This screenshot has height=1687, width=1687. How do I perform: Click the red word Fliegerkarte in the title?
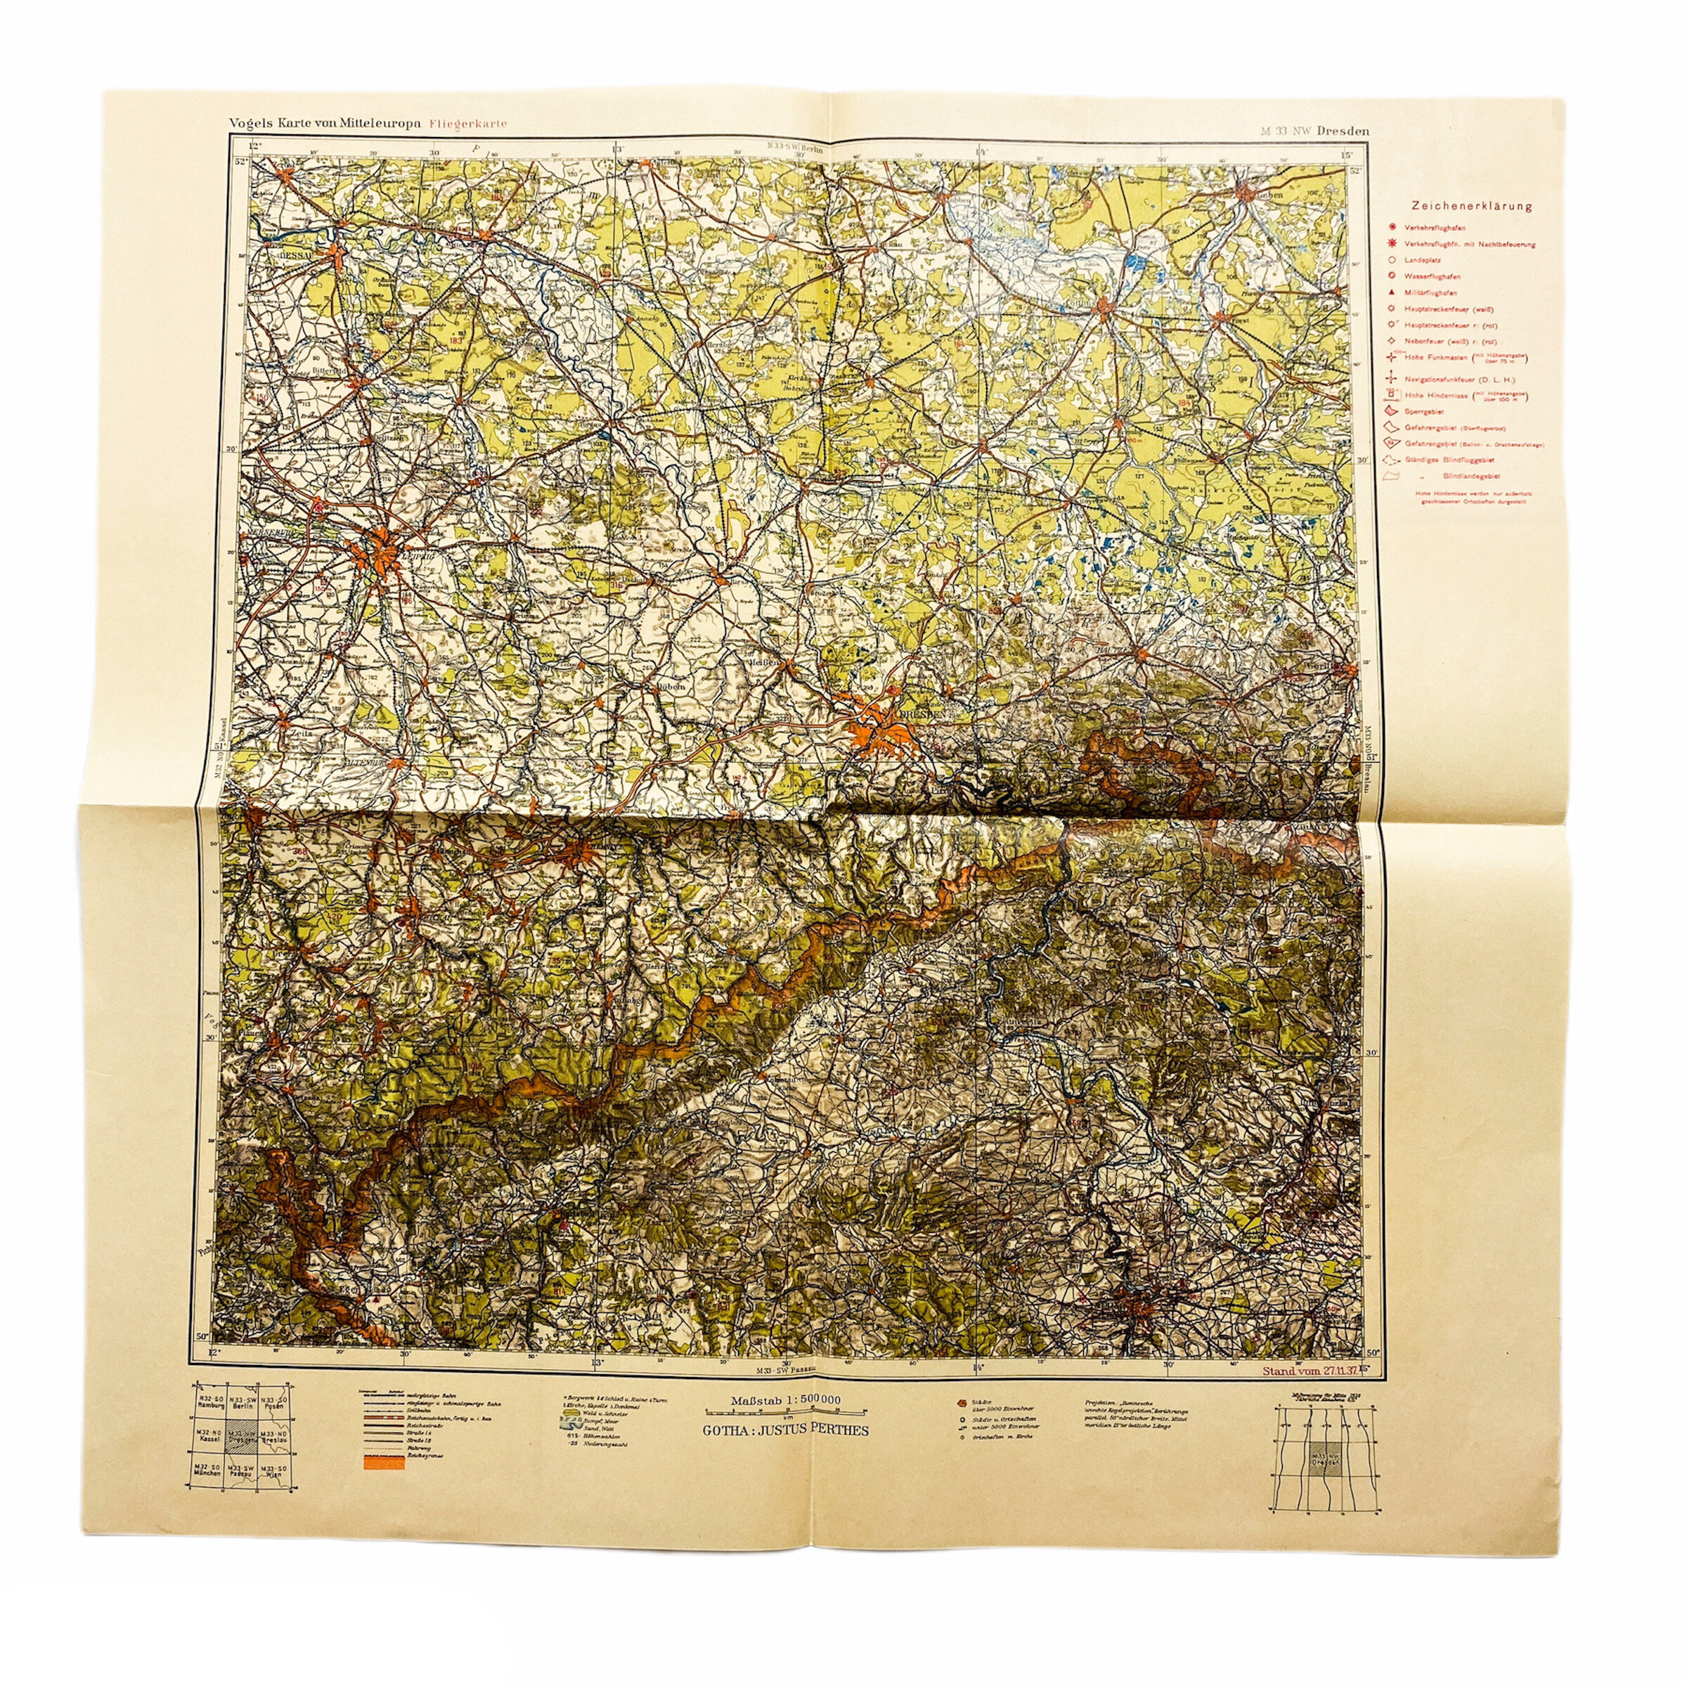(x=468, y=123)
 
